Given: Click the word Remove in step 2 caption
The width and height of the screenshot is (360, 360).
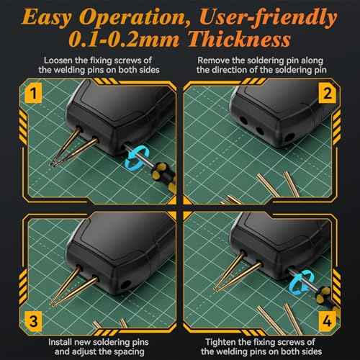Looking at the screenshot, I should [216, 61].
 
